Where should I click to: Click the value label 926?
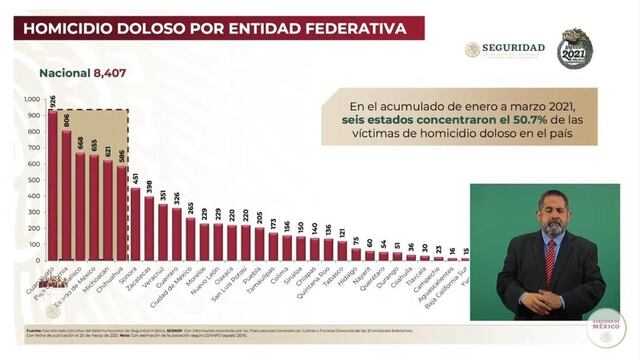pos(52,101)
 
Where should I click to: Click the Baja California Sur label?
pos(439,289)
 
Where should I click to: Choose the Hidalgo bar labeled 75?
pos(355,254)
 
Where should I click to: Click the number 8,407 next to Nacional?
pos(113,72)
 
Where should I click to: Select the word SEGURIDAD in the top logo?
pos(513,47)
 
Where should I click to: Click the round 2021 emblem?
pos(575,48)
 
